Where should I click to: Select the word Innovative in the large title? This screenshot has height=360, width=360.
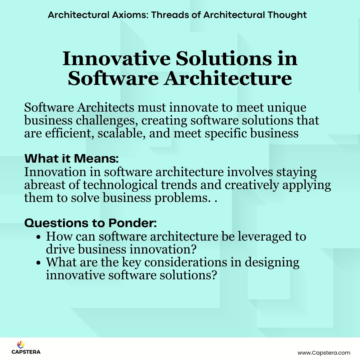pos(117,58)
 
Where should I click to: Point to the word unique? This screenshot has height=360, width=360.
pos(287,107)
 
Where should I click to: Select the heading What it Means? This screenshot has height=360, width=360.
pos(71,158)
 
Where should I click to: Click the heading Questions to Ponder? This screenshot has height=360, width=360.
pos(90,223)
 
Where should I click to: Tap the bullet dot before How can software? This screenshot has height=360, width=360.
pos(38,237)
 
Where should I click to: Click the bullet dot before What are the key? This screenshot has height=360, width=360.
pos(38,263)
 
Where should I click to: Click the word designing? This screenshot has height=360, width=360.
pos(272,262)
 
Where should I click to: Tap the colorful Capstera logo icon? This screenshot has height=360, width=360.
pos(21,345)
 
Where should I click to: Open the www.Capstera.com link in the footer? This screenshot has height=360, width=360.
pos(324,353)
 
